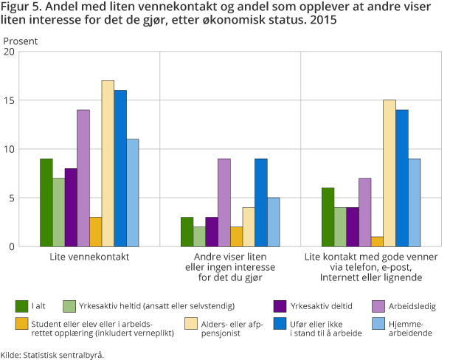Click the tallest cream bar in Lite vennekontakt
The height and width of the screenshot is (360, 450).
click(108, 164)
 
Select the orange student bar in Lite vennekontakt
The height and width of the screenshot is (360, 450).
click(95, 232)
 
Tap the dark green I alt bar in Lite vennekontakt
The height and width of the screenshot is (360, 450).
click(46, 203)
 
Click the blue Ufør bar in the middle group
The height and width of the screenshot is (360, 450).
click(261, 203)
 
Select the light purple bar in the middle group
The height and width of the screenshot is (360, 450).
click(224, 203)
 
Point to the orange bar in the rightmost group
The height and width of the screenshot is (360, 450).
click(378, 241)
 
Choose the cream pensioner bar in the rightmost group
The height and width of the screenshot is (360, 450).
click(390, 173)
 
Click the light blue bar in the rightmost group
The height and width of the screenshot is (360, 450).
click(415, 203)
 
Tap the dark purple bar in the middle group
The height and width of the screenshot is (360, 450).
click(212, 232)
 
